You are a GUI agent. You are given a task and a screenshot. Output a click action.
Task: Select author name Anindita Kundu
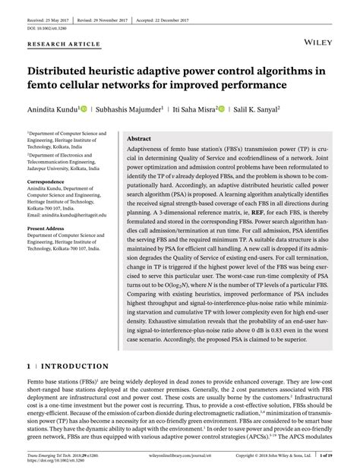pyautogui.click(x=52, y=109)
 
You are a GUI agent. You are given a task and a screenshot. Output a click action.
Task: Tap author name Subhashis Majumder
pyautogui.click(x=130, y=109)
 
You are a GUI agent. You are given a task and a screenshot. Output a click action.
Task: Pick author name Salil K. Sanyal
pyautogui.click(x=252, y=109)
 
